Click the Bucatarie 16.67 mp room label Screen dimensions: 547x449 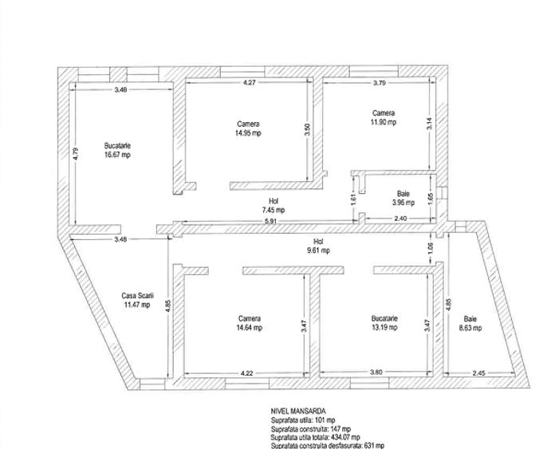coord(117,150)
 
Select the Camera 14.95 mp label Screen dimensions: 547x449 coord(249,128)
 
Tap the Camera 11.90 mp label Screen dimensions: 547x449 coord(384,117)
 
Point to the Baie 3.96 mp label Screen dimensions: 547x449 coord(403,198)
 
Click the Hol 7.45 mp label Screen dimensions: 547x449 coord(273,206)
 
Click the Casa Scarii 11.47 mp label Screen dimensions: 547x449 coord(137,300)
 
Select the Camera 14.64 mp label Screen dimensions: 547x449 coord(250,323)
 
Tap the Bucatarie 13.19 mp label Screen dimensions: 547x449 coord(384,323)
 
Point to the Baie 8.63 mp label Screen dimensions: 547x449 coord(470,324)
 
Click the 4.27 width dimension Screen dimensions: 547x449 coord(250,83)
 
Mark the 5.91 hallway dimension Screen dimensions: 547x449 coord(271,221)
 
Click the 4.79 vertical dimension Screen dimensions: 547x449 coord(76,154)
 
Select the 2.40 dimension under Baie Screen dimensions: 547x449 coord(400,219)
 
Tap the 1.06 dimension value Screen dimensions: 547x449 coord(430,248)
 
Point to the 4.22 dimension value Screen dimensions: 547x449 coord(246,373)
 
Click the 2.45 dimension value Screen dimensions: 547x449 coord(478,373)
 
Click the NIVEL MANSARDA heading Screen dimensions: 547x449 coord(298,412)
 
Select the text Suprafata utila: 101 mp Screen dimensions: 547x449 coord(303,420)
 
